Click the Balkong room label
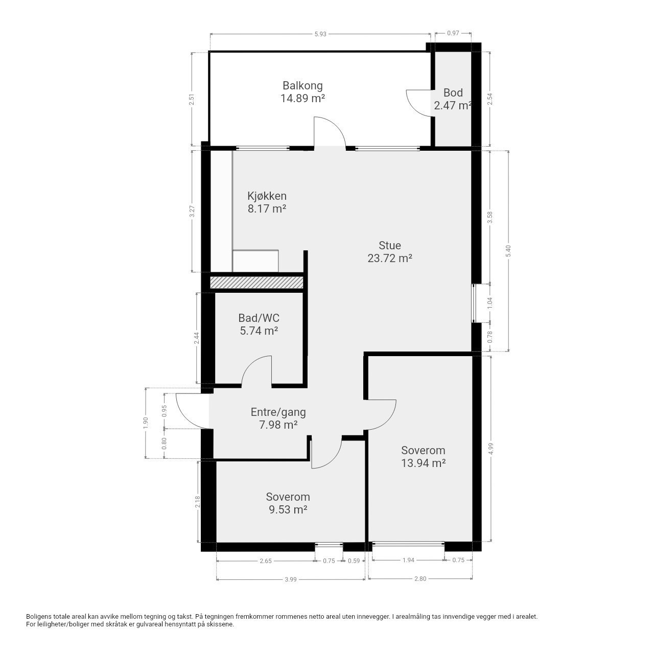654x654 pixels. [302, 85]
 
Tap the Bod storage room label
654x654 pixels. [453, 92]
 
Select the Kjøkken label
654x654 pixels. [267, 196]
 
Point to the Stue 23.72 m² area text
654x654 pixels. [390, 252]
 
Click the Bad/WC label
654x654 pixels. [259, 318]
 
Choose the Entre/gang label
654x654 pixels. [278, 412]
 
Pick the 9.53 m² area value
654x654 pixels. [288, 510]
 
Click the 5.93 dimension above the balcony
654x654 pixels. [320, 34]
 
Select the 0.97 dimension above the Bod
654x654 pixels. [453, 33]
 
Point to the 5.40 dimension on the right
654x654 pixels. [508, 251]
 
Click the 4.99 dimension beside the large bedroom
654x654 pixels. [489, 448]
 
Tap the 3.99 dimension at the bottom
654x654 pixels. [291, 579]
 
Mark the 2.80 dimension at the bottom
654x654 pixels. [420, 579]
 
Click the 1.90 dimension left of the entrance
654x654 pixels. [146, 423]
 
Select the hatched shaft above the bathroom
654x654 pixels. [256, 283]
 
